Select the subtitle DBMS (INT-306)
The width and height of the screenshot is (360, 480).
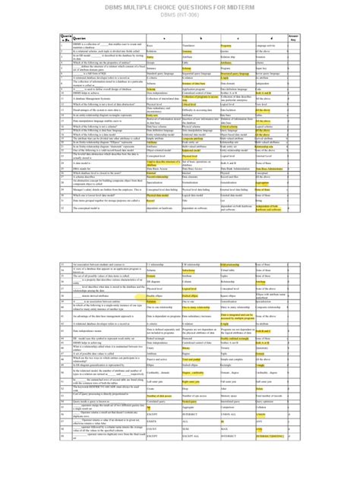[180, 16]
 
